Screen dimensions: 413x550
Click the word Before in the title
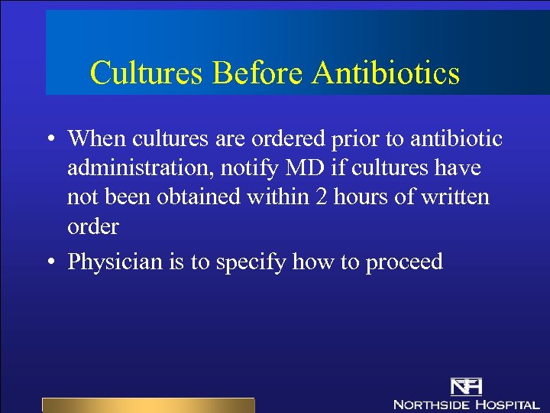pos(259,73)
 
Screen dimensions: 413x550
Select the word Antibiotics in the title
pos(386,73)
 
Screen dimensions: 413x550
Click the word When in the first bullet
pos(97,138)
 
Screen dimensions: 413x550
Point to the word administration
pos(136,167)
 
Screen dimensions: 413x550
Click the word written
pos(455,197)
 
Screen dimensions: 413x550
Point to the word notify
pos(247,167)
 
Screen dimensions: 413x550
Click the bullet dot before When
pos(48,139)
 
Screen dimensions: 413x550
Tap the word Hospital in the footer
pos(508,404)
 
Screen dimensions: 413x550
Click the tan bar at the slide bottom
pos(147,405)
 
